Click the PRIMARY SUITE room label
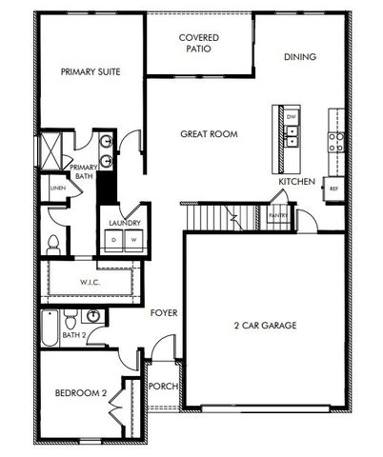click(x=90, y=71)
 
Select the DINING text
click(x=299, y=57)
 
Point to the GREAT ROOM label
click(x=209, y=134)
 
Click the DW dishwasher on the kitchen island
click(x=292, y=117)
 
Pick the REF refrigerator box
click(x=333, y=189)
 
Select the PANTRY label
click(x=278, y=216)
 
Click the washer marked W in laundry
click(x=133, y=240)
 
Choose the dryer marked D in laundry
click(x=115, y=240)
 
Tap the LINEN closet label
click(x=58, y=188)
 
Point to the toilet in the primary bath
click(x=54, y=242)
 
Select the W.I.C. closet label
click(x=90, y=282)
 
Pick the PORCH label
click(x=163, y=386)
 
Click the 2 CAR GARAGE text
click(x=265, y=326)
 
